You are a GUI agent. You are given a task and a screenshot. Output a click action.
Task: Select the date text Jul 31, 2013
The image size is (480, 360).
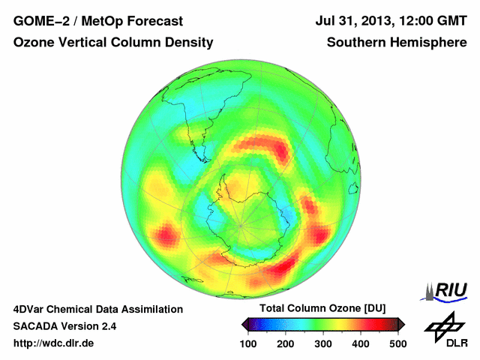click(x=353, y=22)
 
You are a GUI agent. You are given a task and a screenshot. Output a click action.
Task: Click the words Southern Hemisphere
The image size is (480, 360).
click(x=397, y=43)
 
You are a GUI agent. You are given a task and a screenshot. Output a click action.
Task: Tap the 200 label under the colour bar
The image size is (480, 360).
click(x=286, y=343)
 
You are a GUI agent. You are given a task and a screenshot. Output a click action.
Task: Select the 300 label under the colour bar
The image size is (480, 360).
click(x=323, y=343)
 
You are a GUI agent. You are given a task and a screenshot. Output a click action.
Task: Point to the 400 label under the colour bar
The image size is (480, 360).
click(x=360, y=343)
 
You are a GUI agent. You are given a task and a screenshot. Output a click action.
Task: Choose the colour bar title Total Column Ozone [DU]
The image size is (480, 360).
click(x=322, y=309)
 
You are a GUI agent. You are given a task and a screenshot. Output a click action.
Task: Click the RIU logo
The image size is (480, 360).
click(x=447, y=290)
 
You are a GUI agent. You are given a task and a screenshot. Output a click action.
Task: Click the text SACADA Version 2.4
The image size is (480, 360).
click(x=64, y=326)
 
